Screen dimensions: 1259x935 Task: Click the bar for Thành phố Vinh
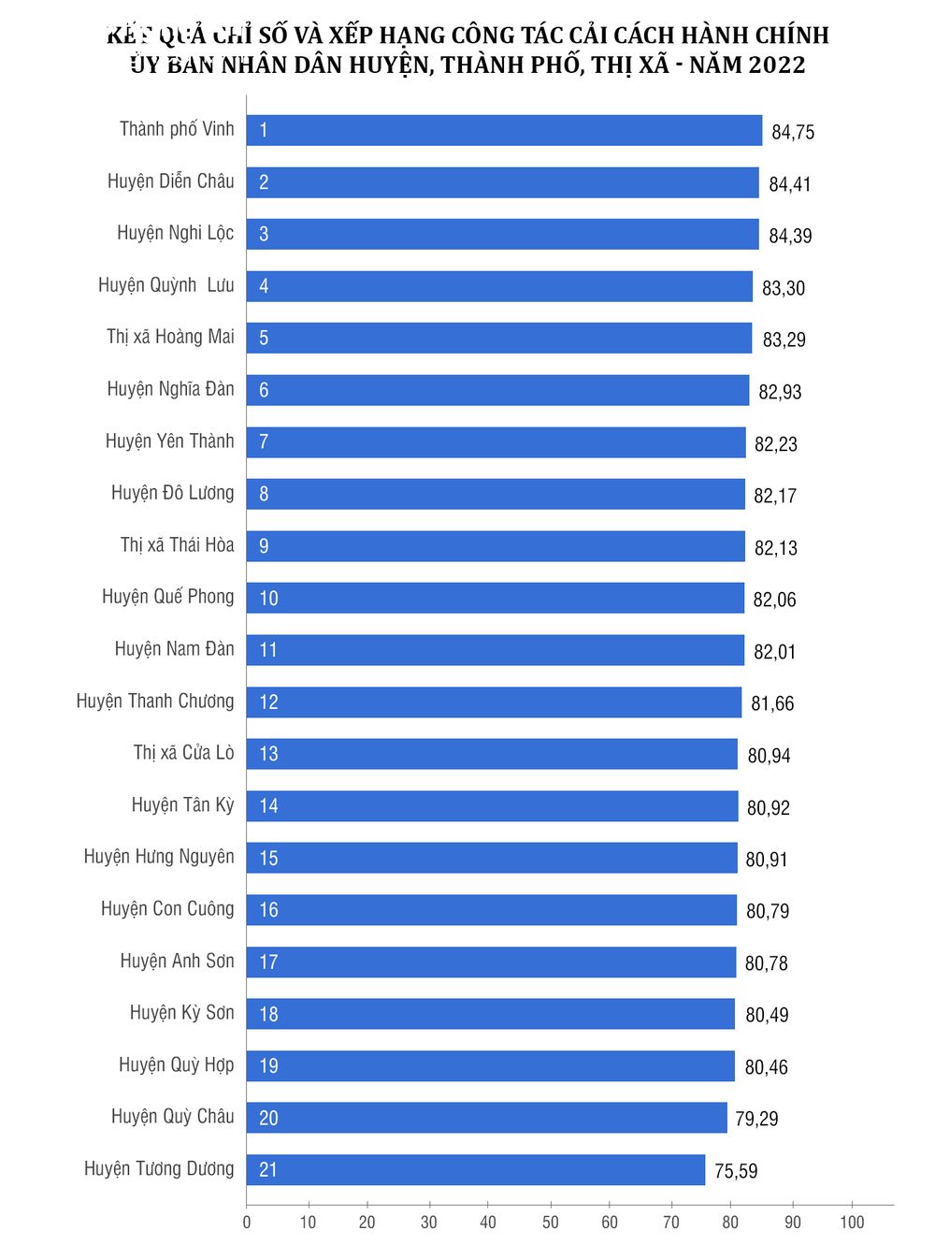(x=505, y=130)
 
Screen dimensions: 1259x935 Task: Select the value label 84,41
(x=790, y=184)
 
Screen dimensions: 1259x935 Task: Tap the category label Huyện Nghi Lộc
(x=176, y=233)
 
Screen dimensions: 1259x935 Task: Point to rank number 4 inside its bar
(x=264, y=286)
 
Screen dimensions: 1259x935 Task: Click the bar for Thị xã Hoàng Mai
(x=499, y=338)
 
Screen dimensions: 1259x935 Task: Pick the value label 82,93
(x=780, y=392)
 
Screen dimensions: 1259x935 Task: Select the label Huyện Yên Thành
(x=170, y=441)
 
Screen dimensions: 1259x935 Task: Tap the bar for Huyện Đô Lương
(x=496, y=494)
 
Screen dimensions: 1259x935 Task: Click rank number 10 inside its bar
(x=268, y=599)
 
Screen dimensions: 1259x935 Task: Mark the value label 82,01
(x=775, y=652)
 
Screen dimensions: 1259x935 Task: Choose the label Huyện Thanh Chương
(x=155, y=702)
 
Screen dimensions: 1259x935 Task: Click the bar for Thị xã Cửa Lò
(x=492, y=754)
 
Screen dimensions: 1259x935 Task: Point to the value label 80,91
(x=767, y=860)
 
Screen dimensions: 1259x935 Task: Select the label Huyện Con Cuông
(x=167, y=909)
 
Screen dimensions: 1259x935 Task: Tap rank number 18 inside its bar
(x=268, y=1014)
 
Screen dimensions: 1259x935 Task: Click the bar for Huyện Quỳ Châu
(x=486, y=1118)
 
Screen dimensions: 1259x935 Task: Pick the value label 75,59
(x=736, y=1171)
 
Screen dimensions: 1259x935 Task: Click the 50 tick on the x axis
(x=551, y=1223)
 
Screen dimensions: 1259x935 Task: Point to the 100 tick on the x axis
(x=852, y=1223)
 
